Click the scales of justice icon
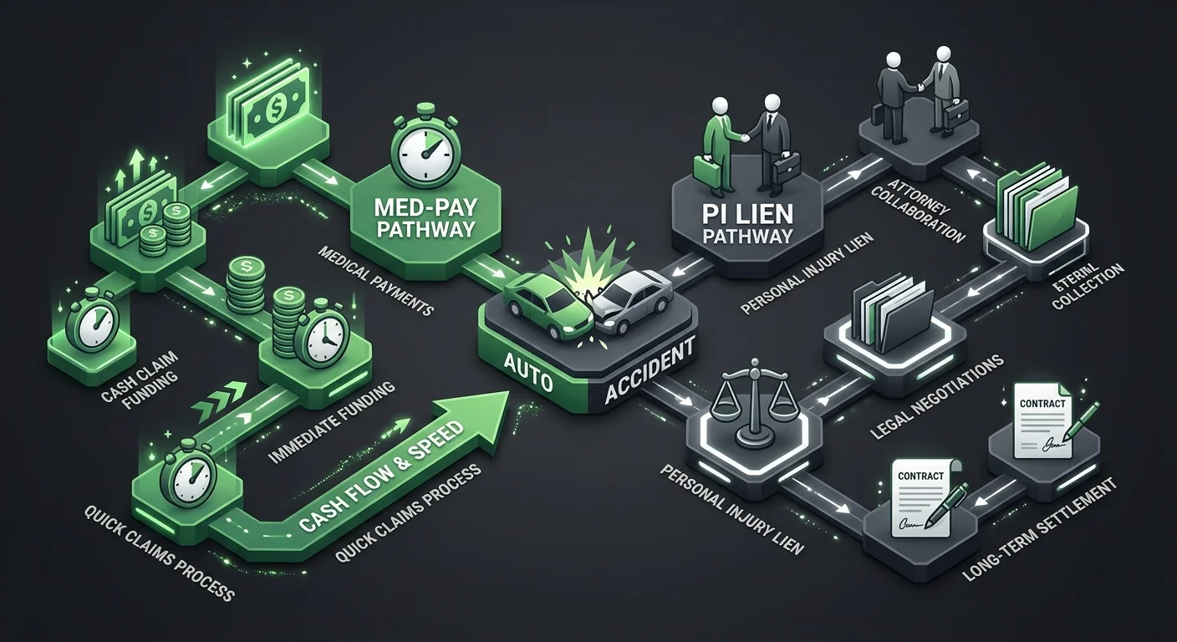click(x=753, y=400)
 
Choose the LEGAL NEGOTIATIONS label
click(x=936, y=398)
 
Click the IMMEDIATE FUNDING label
click(x=332, y=422)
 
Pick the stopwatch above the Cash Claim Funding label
click(x=91, y=324)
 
